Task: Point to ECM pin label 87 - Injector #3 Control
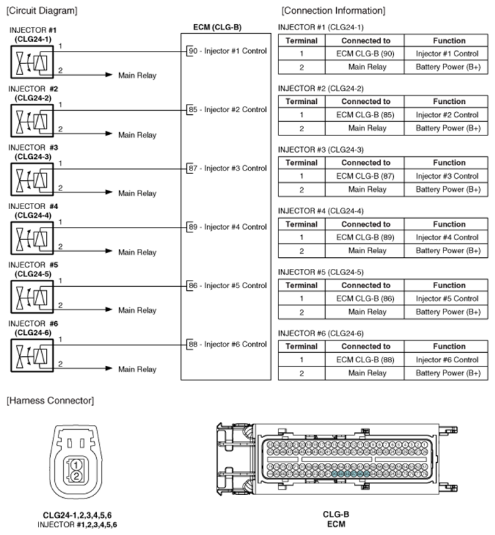[227, 168]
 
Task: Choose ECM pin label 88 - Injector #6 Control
[227, 344]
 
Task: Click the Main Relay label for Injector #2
[137, 135]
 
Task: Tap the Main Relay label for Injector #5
[137, 310]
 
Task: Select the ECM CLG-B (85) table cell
[366, 115]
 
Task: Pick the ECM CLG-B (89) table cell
[366, 237]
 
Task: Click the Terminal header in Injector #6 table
[301, 347]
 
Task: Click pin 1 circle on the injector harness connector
[77, 466]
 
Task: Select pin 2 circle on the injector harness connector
[77, 477]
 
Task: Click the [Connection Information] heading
[333, 10]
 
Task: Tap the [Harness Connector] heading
[49, 400]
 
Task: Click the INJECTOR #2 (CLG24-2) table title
[320, 89]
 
